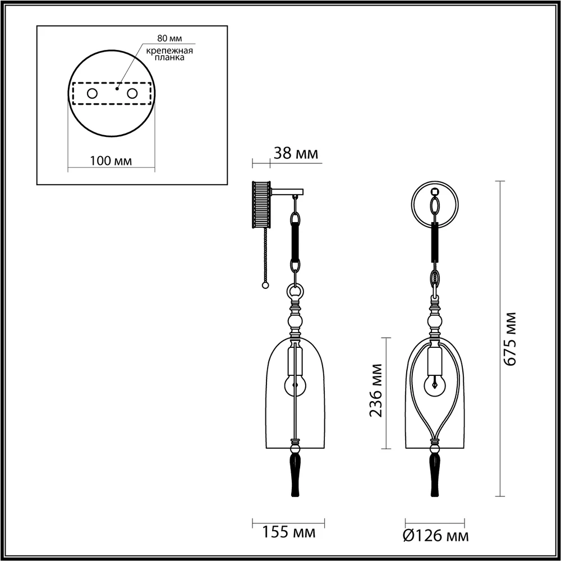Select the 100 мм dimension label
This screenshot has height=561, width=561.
pyautogui.click(x=111, y=161)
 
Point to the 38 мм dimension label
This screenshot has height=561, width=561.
pyautogui.click(x=295, y=153)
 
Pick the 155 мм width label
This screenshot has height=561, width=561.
pyautogui.click(x=288, y=531)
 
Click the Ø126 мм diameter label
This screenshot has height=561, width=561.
pyautogui.click(x=436, y=536)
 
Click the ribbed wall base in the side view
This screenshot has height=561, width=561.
pyautogui.click(x=262, y=204)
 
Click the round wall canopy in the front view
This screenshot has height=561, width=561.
pyautogui.click(x=434, y=205)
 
